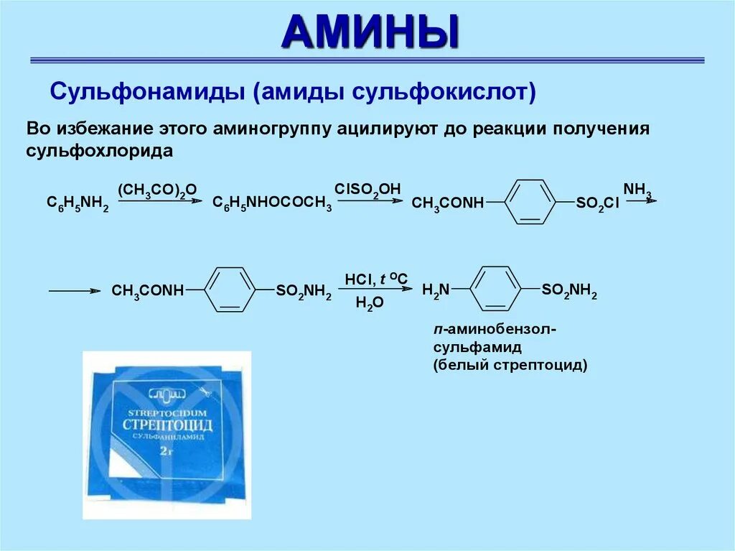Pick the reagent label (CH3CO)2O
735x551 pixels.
pyautogui.click(x=156, y=190)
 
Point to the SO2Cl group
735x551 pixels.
pyautogui.click(x=597, y=204)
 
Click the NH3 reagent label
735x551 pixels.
pyautogui.click(x=637, y=190)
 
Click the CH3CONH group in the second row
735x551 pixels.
pyautogui.click(x=148, y=291)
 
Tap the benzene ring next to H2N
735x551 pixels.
pyautogui.click(x=495, y=290)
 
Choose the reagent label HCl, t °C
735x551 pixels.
pyautogui.click(x=375, y=278)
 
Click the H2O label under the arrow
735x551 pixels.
pyautogui.click(x=370, y=304)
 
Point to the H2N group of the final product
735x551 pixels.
pyautogui.click(x=435, y=290)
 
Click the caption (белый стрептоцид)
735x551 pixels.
pyautogui.click(x=510, y=365)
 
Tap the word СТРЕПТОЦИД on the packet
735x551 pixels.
pyautogui.click(x=169, y=422)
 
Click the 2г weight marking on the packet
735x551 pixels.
pyautogui.click(x=166, y=451)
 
